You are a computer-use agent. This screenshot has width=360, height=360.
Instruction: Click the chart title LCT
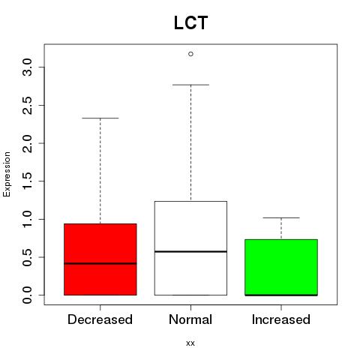coord(190,22)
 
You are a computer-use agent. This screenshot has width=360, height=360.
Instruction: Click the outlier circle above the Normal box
coord(190,54)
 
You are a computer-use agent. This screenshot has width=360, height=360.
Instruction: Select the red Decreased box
coord(100,259)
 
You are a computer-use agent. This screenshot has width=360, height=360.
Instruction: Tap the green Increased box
coord(281,267)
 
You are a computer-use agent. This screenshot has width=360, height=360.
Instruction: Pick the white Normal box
coord(190,248)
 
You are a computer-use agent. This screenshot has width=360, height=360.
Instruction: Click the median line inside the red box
coord(100,263)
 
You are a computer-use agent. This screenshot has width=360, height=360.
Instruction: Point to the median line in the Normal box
coord(190,251)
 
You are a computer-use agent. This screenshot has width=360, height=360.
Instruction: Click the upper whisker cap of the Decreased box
coord(100,118)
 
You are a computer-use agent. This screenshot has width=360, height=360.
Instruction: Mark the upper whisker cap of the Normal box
coord(190,85)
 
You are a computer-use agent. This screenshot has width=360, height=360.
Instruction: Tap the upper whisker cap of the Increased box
coord(281,217)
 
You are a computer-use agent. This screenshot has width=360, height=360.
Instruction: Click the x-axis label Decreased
coord(100,319)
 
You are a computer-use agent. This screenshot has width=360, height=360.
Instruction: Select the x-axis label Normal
coord(190,319)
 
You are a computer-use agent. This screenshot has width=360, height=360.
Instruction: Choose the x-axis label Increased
coord(281,319)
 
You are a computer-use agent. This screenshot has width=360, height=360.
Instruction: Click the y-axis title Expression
coord(7,174)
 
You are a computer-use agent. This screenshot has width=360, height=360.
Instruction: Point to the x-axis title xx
coord(190,343)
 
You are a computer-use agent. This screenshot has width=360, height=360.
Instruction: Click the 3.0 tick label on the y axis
coord(27,67)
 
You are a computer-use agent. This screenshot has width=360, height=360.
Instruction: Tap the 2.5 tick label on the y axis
coord(27,105)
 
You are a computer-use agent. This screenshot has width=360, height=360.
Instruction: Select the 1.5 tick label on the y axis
coord(27,181)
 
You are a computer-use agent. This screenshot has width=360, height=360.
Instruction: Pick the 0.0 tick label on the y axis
coord(27,295)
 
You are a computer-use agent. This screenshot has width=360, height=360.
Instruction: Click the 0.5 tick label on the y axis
coord(27,257)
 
